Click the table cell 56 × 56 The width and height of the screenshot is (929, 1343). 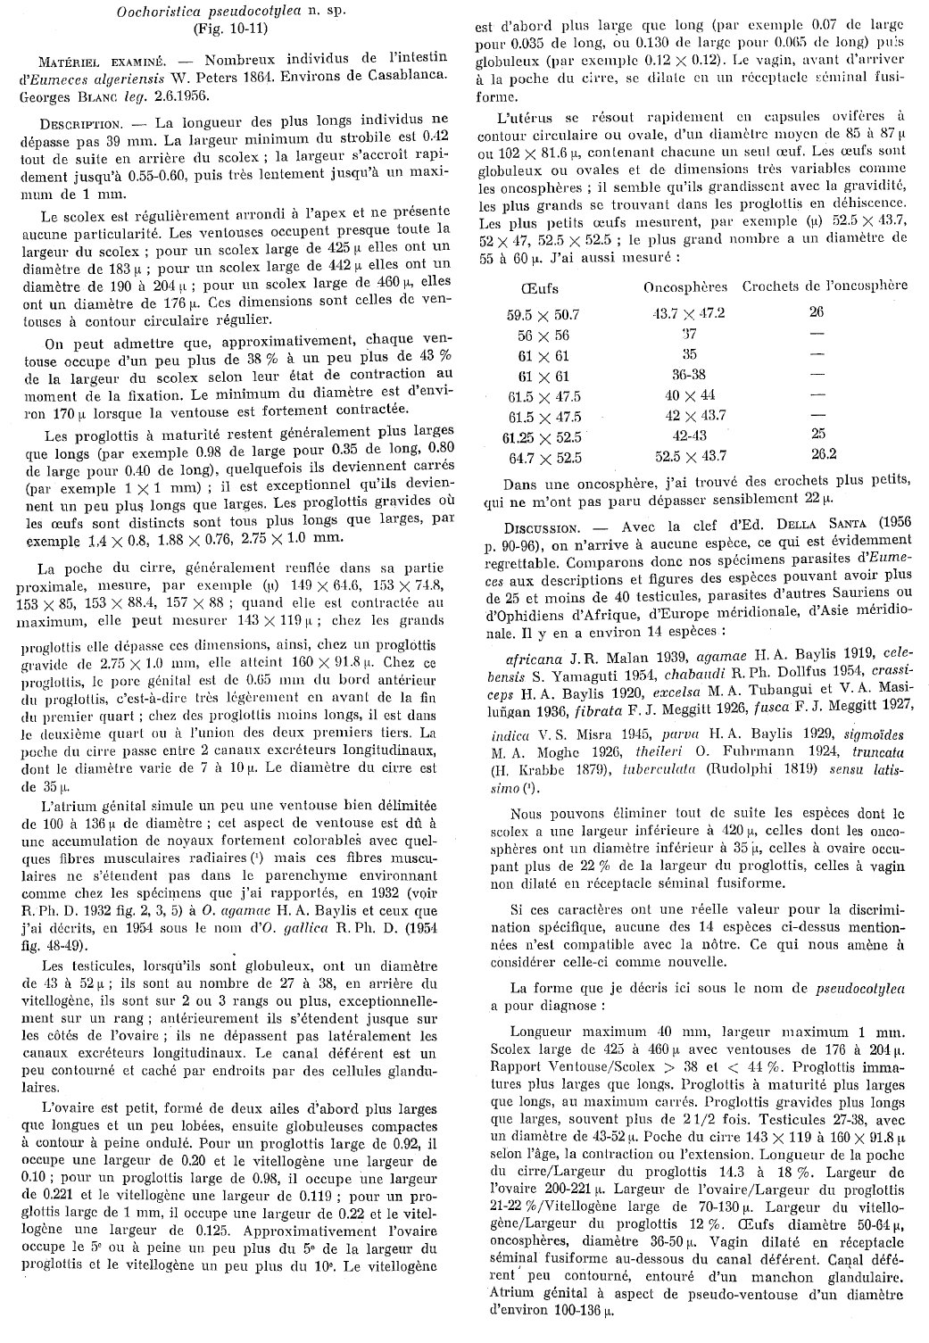pos(543,335)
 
